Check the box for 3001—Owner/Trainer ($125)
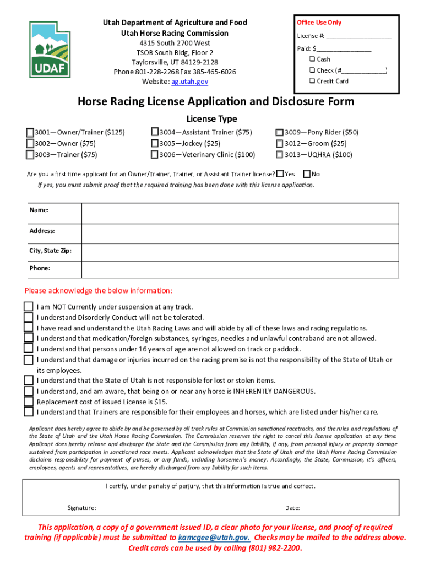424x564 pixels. tap(30, 133)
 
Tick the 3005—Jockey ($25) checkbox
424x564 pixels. tap(155, 144)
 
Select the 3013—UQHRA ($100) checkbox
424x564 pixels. tap(280, 155)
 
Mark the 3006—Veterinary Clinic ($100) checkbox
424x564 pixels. tap(155, 155)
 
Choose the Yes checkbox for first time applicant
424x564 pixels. tap(280, 174)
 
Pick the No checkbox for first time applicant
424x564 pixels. tap(307, 174)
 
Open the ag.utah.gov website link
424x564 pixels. tap(189, 82)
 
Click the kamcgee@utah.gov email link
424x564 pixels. tap(214, 538)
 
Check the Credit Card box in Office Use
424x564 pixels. tap(312, 81)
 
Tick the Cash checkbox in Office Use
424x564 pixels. tap(312, 59)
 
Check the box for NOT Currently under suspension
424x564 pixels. tap(28, 307)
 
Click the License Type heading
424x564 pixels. tap(211, 118)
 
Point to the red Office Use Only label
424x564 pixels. tap(319, 23)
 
